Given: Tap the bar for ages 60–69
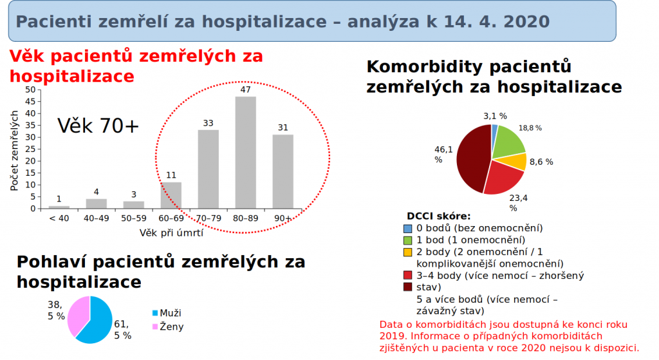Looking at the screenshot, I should pos(171,195).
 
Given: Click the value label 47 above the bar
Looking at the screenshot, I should pos(245,90).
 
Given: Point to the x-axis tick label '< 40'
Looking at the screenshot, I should pos(59,218).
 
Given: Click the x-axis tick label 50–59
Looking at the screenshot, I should pos(133,218).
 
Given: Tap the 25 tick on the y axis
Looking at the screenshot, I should pos(31,149).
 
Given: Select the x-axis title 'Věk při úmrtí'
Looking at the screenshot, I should pos(171,232).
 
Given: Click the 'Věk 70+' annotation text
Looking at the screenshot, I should pos(98,126).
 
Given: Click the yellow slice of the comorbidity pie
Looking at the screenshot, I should pos(518,162).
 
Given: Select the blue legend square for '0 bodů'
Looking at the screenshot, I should pos(407,228).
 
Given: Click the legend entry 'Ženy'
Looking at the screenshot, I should pos(172,327).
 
